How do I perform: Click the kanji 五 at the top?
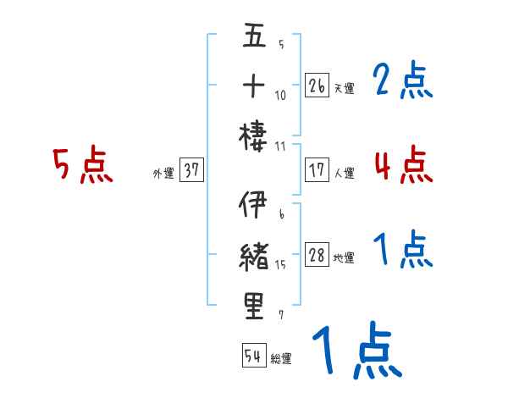(x=255, y=37)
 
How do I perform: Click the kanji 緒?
(x=255, y=255)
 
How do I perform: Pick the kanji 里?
(x=255, y=306)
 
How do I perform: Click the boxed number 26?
(x=317, y=86)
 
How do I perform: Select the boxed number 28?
(x=317, y=256)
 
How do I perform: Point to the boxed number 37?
(x=191, y=171)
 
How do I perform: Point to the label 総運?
(x=281, y=358)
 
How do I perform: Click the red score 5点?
(x=82, y=166)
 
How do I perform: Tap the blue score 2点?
(x=402, y=81)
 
